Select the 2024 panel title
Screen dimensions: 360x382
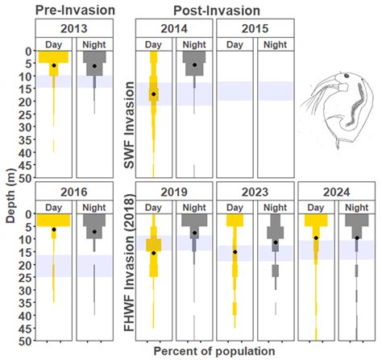336,192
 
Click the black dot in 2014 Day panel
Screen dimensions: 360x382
154,94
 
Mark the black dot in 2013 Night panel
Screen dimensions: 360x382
94,66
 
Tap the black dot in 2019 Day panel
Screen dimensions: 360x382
154,253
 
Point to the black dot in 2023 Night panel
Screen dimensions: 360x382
275,242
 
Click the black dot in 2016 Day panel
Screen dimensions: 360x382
54,230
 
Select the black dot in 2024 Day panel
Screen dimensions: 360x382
316,238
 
